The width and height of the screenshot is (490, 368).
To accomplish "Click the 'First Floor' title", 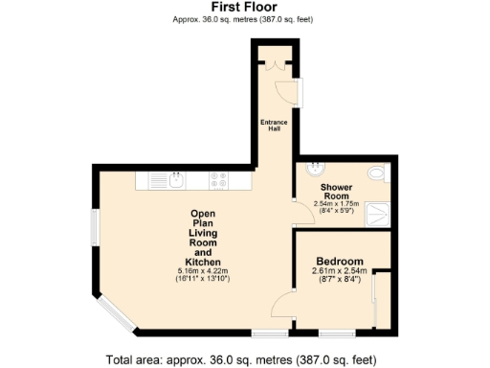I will pos(244,7).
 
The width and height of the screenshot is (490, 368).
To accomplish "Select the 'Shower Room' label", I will pos(338,191).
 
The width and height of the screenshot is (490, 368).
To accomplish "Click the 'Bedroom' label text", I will pos(340,262).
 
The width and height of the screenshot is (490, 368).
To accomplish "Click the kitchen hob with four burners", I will pos(218,178).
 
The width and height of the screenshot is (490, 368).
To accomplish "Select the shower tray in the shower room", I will pos(377,212).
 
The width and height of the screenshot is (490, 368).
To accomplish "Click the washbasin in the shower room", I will pos(313,170).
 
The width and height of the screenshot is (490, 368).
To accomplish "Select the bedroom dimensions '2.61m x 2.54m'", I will pos(340,271).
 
